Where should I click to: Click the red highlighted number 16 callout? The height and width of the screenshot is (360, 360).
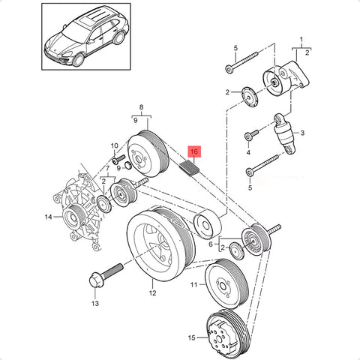click(194, 151)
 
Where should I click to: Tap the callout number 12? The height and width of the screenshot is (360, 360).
click(152, 292)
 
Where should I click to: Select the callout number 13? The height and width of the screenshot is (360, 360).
click(95, 304)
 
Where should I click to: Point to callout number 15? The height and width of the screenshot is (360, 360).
click(191, 337)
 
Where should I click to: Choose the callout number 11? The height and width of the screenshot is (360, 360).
click(193, 284)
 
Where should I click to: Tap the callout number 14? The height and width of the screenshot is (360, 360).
click(48, 217)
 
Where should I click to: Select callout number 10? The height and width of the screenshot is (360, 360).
click(114, 145)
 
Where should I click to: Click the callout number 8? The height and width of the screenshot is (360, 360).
click(141, 107)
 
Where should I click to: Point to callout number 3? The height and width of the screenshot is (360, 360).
click(302, 133)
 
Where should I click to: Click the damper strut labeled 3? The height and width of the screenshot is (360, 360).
click(285, 133)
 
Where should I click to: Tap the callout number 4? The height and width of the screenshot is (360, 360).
click(248, 152)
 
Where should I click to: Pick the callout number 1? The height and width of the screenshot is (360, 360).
click(301, 40)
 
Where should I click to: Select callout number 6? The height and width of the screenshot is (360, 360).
click(211, 244)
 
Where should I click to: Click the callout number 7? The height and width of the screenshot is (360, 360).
click(107, 168)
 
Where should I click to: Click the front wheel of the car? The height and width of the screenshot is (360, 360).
click(79, 59)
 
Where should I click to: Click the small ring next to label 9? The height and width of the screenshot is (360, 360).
click(128, 165)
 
